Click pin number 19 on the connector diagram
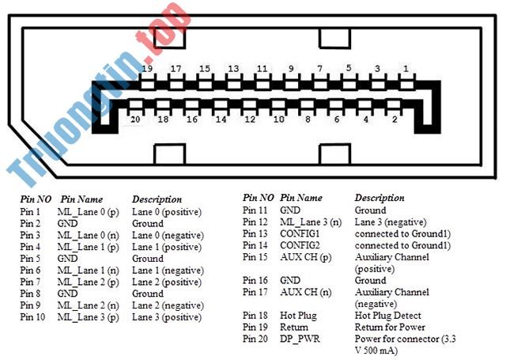tap(147, 69)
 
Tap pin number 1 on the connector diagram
tap(406, 69)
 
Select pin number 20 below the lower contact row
tap(135, 119)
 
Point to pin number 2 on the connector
tap(395, 119)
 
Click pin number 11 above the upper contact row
tap(262, 69)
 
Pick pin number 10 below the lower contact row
tap(278, 119)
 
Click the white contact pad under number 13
tap(233, 85)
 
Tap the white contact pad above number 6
tap(336, 104)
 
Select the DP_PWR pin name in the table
tap(300, 339)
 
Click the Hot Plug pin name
tap(298, 316)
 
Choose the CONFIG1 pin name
tap(300, 233)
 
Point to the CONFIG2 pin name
tap(300, 245)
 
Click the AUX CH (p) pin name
tap(306, 257)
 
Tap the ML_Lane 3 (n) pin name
tap(311, 222)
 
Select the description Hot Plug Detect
tap(388, 316)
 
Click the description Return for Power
tap(390, 327)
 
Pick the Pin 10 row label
tap(32, 317)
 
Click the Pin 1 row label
tap(30, 212)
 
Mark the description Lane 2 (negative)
tap(168, 305)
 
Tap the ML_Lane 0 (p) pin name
tap(88, 212)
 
